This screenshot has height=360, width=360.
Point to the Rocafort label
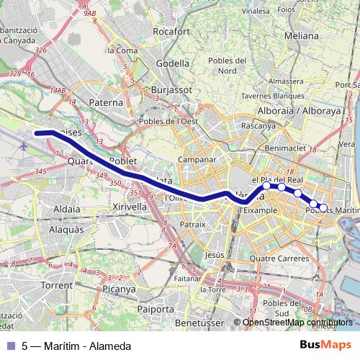171,32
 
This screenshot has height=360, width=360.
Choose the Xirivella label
130,205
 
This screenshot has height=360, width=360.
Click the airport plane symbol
23,146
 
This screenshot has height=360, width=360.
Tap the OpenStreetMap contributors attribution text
297,323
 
